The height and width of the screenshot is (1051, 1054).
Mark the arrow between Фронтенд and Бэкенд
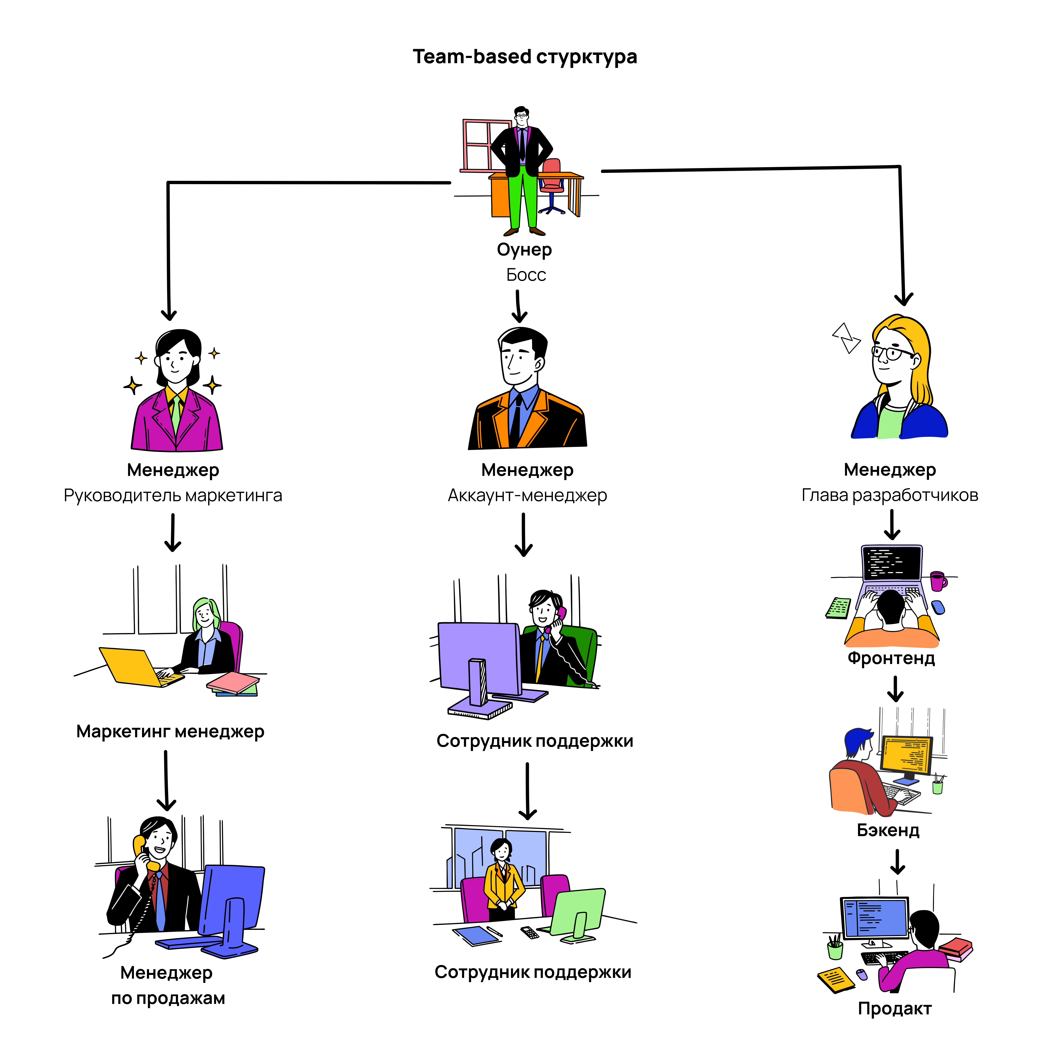coord(895,689)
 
